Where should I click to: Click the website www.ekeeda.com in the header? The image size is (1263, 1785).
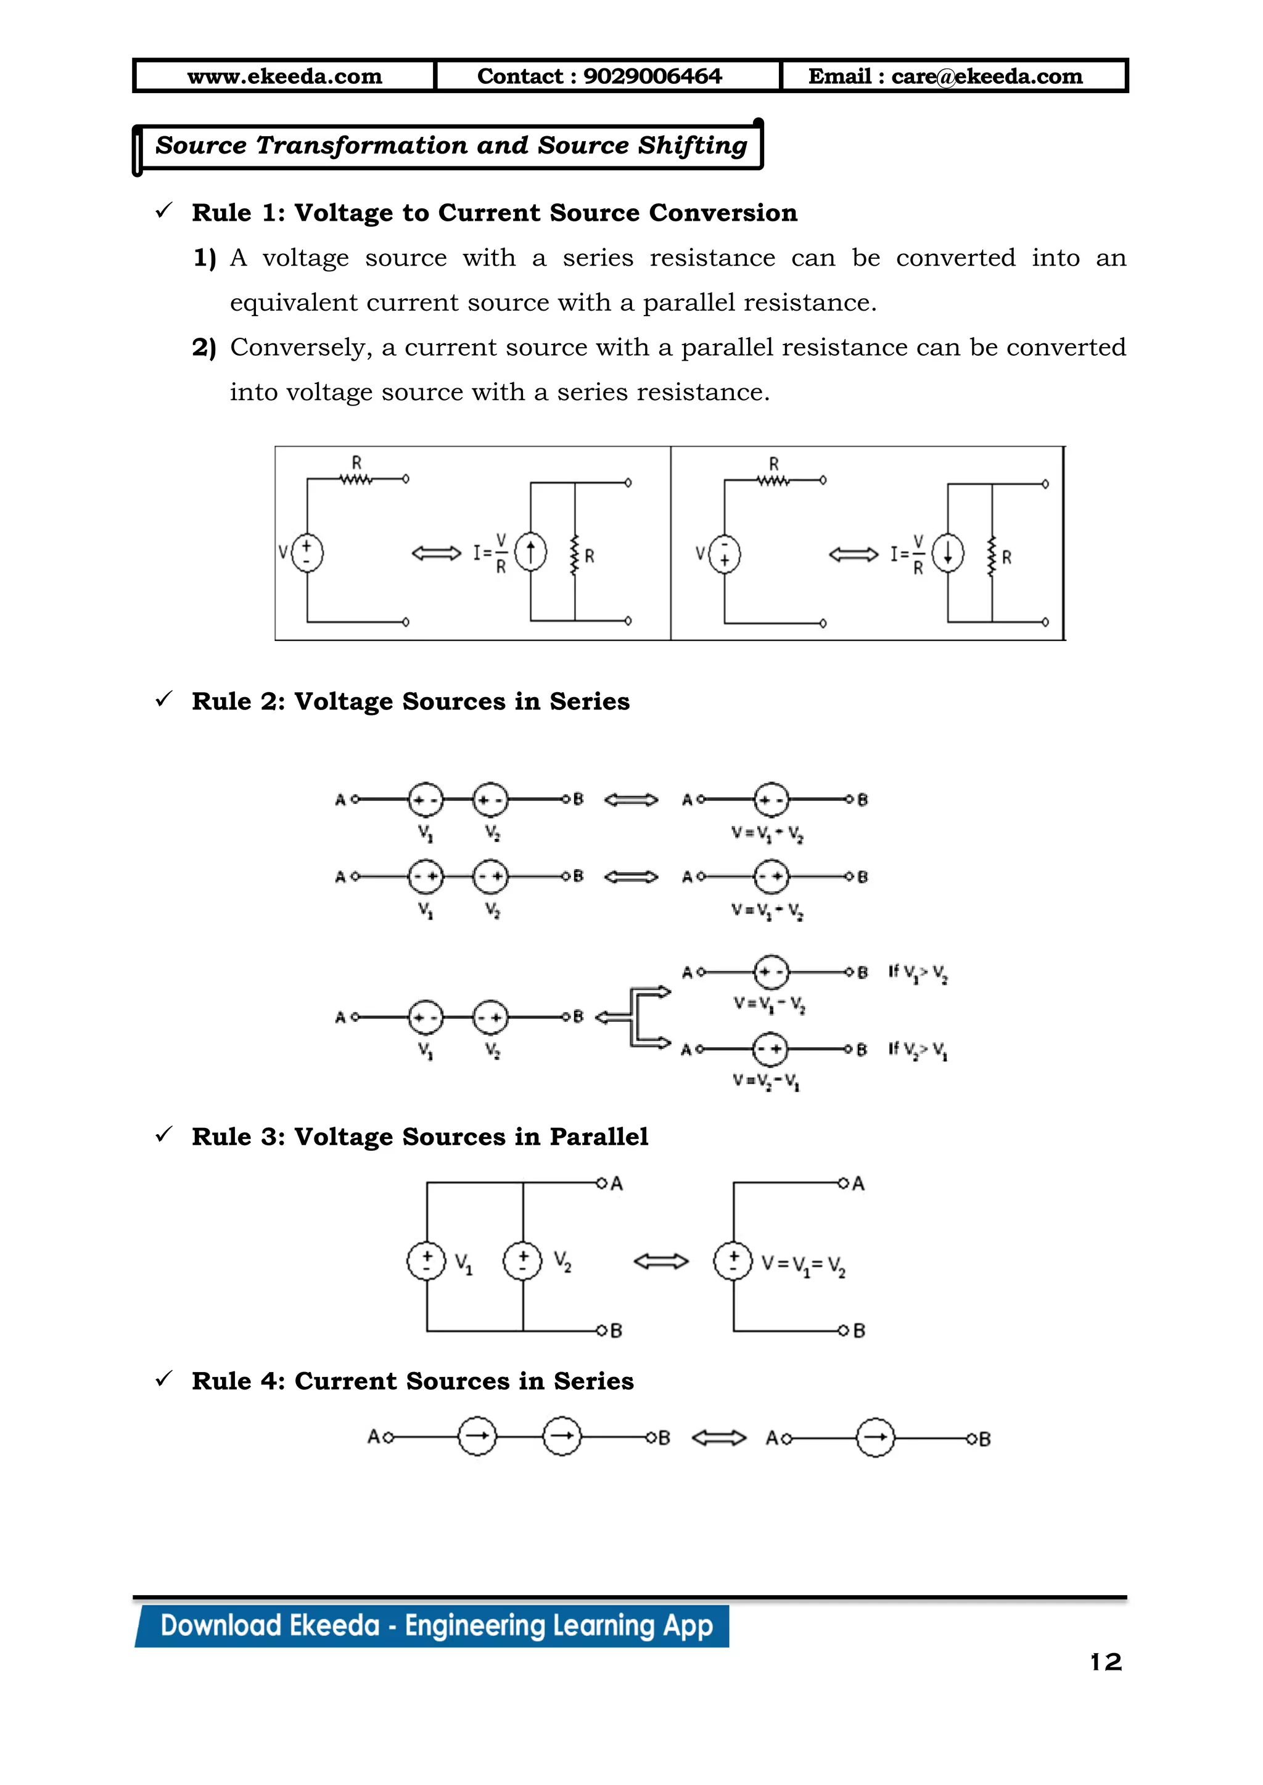tap(285, 76)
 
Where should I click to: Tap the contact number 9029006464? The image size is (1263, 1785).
tap(652, 76)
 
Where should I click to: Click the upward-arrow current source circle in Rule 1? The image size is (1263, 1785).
tap(530, 553)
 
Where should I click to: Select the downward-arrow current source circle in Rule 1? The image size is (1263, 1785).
tap(947, 554)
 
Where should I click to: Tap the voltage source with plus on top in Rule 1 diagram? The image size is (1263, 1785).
tap(307, 553)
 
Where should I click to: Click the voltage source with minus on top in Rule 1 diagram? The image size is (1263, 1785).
tap(725, 554)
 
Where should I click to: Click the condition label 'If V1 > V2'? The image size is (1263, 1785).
tap(918, 973)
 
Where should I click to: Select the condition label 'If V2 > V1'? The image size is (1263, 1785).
tap(918, 1050)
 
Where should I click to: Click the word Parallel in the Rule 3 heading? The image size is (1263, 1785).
tap(598, 1137)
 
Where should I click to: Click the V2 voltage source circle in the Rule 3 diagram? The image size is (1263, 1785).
tap(522, 1261)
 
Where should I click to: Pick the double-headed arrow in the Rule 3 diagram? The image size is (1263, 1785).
tap(661, 1261)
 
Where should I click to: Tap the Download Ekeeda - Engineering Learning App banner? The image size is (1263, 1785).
tap(435, 1625)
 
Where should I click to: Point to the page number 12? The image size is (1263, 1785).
tap(1105, 1662)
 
